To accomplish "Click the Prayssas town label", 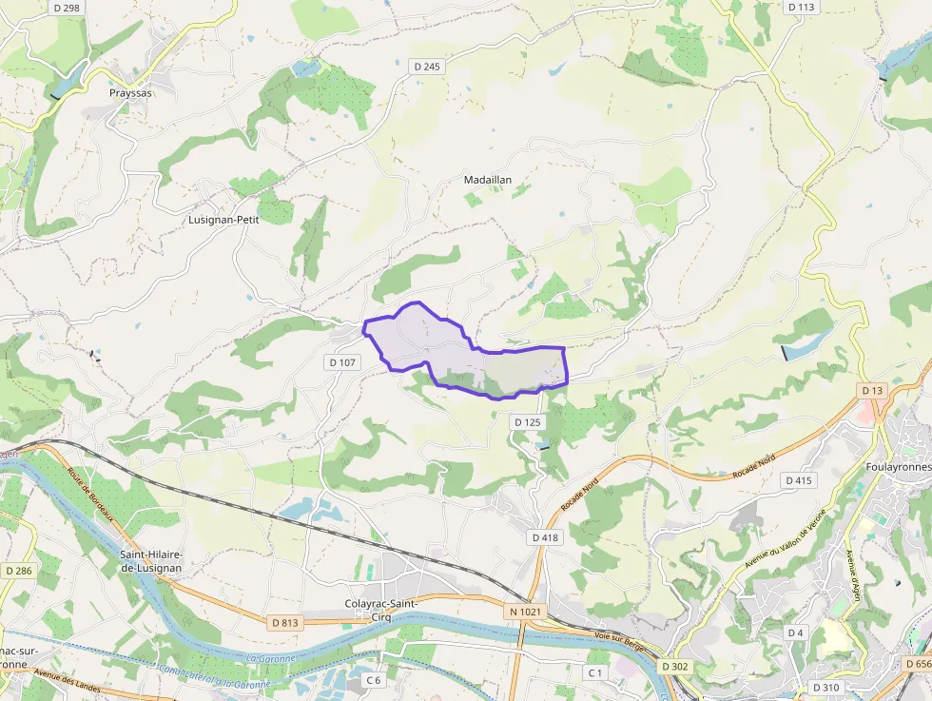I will coord(130,93).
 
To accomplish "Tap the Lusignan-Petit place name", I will coord(223,219).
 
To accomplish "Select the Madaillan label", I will coord(488,180).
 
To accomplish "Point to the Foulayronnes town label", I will coord(898,467).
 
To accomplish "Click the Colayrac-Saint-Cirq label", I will coord(381,610).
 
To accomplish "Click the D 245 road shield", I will coord(428,67).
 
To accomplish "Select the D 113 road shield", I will coord(802,7).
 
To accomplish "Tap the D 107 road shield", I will coord(342,362).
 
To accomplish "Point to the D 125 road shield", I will coord(527,421).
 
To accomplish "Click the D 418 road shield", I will coord(544,537).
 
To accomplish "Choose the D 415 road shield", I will coord(800,480).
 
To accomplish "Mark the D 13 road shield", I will coord(872,391).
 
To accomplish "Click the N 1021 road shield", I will coord(524,612).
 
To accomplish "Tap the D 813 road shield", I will coord(284,623).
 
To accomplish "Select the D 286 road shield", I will coord(18,571).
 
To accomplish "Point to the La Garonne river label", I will coord(270,658).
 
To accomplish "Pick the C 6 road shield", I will coord(374,680).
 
